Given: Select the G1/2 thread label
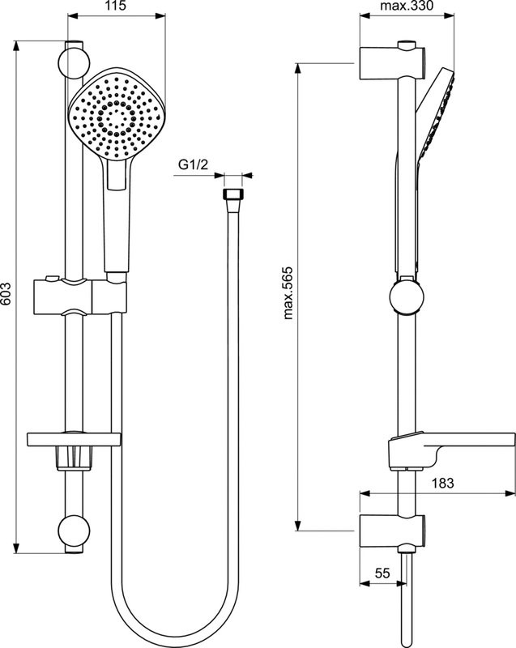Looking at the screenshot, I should point(194,165).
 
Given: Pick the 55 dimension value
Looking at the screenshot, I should point(383,573).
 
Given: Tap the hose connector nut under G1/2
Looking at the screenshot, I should point(232,195).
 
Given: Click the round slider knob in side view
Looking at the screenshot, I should point(405,296).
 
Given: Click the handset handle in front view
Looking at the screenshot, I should point(117,219).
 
